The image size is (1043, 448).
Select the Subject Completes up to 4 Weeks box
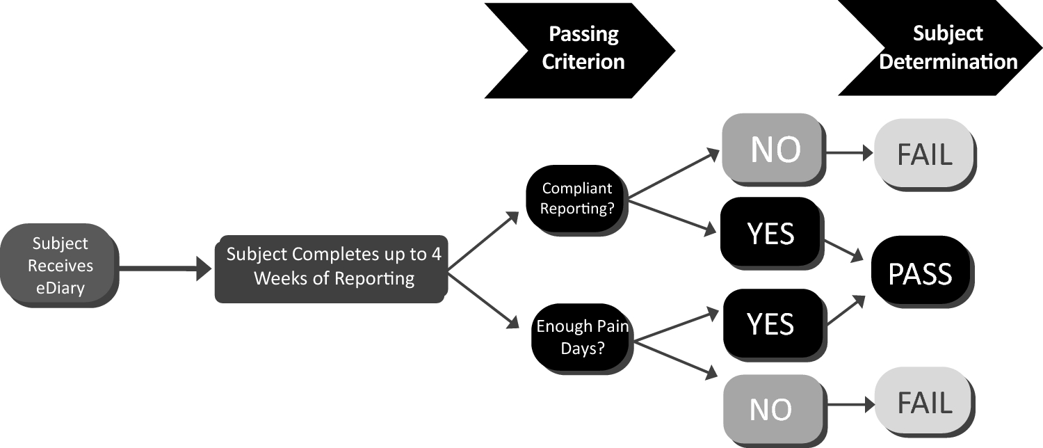coord(330,267)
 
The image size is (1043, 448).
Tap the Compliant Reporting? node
coord(576,198)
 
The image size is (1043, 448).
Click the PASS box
coord(919,273)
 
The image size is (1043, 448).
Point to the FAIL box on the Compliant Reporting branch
coord(923,154)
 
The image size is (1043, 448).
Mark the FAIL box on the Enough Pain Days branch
coord(923,403)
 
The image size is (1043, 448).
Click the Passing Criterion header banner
coord(581,48)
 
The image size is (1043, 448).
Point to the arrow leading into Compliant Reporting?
coord(483,241)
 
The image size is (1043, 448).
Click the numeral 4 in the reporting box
coord(436,254)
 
